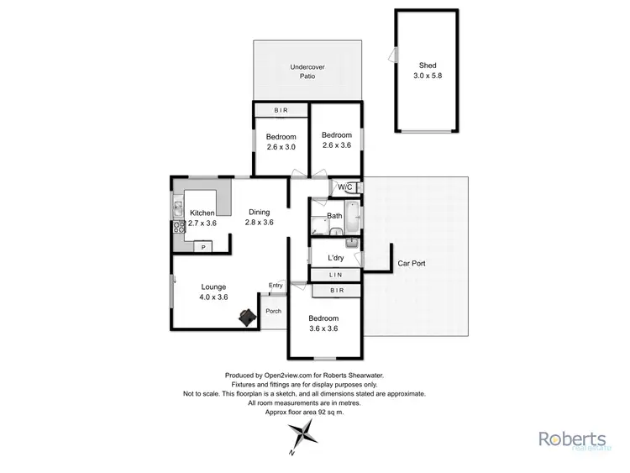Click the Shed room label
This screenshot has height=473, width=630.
(428, 65)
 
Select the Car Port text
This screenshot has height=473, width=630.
(412, 263)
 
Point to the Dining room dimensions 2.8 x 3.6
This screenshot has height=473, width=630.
(260, 223)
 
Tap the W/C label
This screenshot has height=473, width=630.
(344, 187)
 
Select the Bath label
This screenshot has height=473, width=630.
(334, 216)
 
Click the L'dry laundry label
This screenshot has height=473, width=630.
(336, 258)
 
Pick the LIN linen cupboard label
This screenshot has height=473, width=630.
(335, 275)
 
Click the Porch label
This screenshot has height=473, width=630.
(273, 311)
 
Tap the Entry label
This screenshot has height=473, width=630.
(276, 286)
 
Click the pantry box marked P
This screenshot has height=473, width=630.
(202, 246)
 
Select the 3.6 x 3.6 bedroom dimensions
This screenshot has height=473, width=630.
(323, 328)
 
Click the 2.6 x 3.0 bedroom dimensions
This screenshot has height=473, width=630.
(281, 147)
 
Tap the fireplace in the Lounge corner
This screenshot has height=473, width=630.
(247, 316)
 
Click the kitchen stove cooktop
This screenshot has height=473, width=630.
(178, 228)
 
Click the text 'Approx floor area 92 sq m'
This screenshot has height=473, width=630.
(304, 412)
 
